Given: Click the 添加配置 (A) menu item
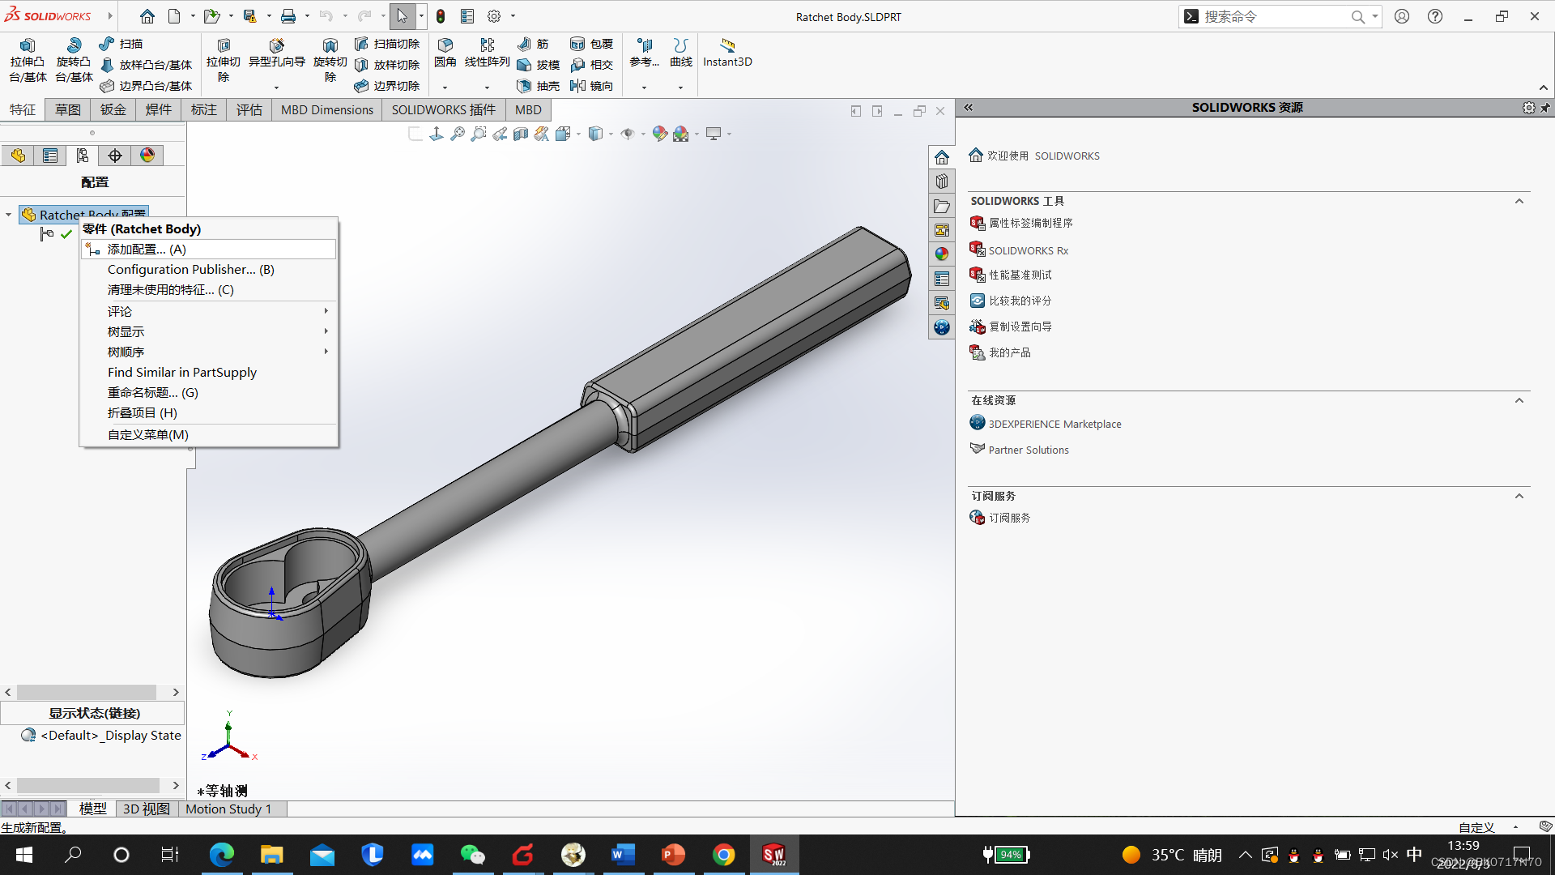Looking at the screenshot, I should (x=147, y=250).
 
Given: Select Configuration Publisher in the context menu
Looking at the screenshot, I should (x=190, y=270).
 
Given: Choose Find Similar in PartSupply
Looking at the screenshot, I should (x=182, y=373).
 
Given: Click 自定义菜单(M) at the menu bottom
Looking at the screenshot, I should (x=148, y=435).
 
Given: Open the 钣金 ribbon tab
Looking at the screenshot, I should (x=113, y=110).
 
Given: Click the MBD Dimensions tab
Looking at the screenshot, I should (x=326, y=110).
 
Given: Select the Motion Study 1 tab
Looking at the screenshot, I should (x=228, y=809).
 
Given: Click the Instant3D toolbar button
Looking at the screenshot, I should (x=727, y=53).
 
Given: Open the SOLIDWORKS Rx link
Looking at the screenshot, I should (x=1028, y=251).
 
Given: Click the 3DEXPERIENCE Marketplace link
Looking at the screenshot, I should (x=1054, y=424).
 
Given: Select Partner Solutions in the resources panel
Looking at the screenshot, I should (x=1029, y=450).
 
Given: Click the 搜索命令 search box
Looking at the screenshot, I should (x=1272, y=16).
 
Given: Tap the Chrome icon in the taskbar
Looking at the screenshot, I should (x=723, y=855).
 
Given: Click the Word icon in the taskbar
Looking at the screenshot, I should (x=623, y=855).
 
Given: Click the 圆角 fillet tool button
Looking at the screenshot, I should (x=445, y=53).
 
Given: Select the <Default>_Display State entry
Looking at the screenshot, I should (x=110, y=736).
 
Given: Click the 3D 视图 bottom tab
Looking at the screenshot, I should (x=146, y=809).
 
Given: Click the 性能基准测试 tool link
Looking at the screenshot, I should (x=1020, y=275).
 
